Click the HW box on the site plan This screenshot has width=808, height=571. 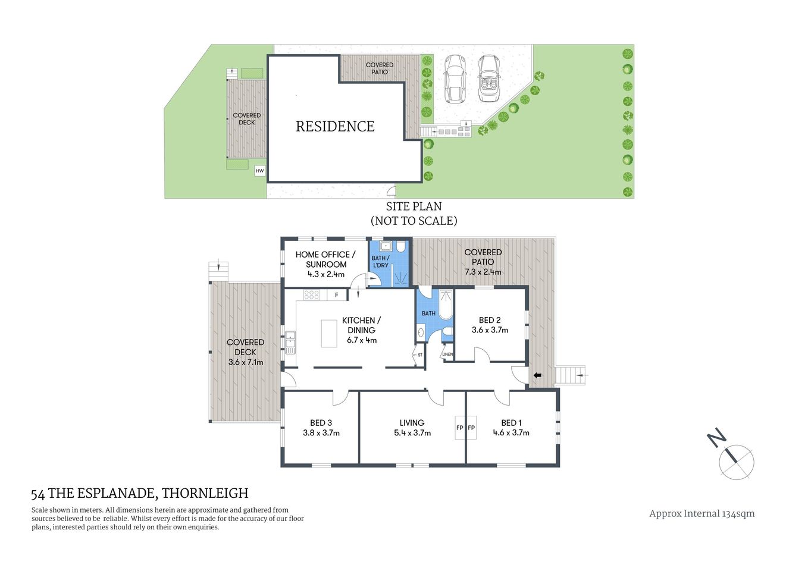259,171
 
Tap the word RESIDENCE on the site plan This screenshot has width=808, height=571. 335,126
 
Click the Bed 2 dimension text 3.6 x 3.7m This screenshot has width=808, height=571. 490,330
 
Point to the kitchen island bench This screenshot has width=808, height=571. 329,333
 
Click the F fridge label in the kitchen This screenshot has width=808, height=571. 336,295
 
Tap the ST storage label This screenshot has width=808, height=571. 419,355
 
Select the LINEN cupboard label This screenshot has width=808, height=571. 447,354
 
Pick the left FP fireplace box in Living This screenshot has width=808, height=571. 460,428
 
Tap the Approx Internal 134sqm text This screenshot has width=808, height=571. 701,514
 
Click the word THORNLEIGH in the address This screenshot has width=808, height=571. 205,493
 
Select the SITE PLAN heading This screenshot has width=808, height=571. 414,207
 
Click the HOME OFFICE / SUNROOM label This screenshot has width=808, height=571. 325,259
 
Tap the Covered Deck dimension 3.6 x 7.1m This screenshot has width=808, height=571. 246,362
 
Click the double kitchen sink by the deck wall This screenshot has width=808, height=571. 290,342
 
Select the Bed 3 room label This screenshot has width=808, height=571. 321,423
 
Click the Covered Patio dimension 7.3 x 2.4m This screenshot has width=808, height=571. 483,272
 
